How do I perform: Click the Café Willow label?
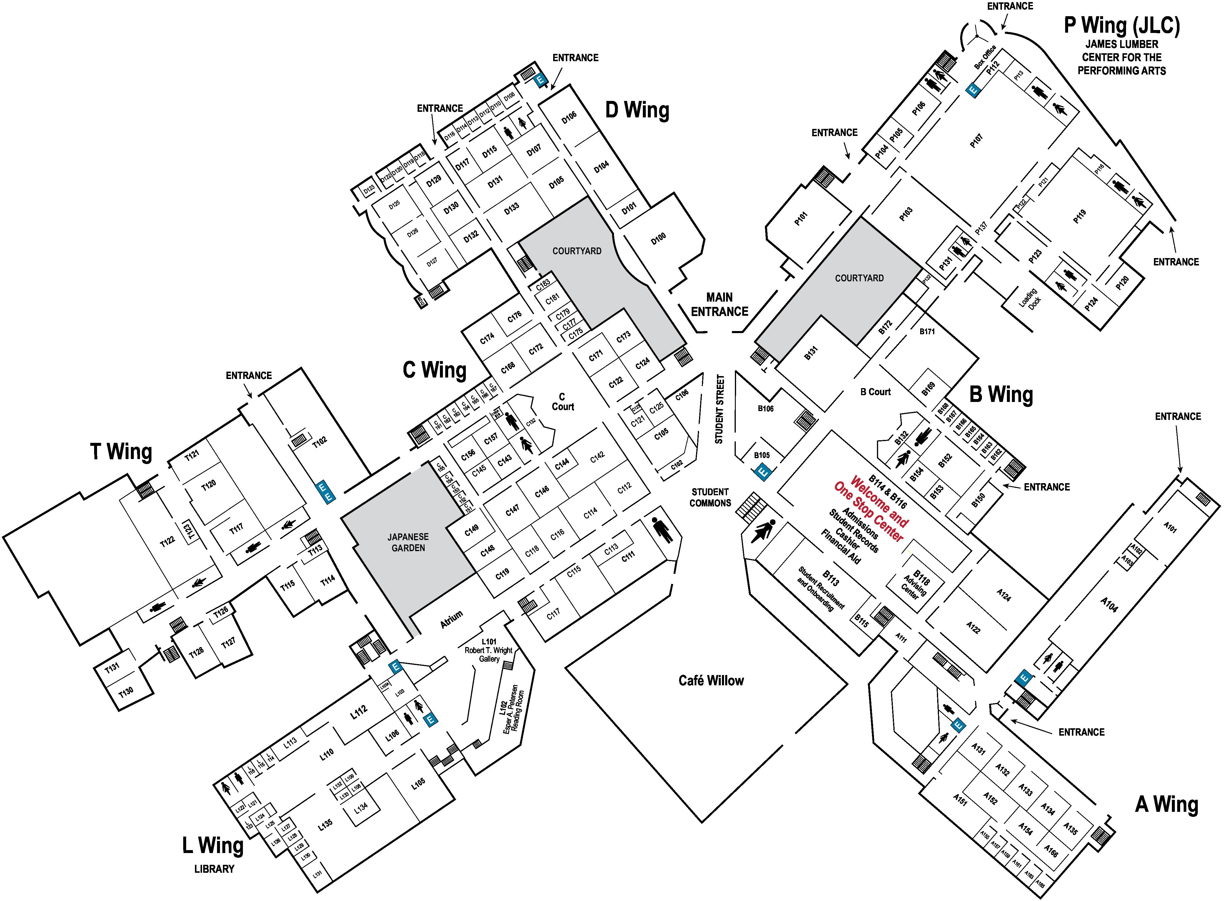tap(711, 681)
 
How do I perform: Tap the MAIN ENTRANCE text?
tap(720, 304)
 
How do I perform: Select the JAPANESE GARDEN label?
tap(408, 542)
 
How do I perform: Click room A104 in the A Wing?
tap(1109, 604)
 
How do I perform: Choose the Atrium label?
tap(451, 620)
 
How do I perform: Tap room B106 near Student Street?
tap(765, 408)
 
